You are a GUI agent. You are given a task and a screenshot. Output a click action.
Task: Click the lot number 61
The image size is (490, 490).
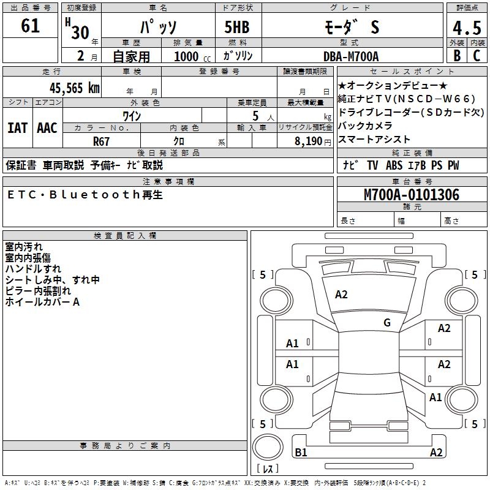[30, 26]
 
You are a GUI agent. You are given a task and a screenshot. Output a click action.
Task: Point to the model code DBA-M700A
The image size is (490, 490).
[351, 56]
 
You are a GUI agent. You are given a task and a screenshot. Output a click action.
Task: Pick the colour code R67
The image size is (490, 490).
[102, 141]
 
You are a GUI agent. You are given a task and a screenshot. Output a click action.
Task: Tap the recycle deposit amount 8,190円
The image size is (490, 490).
[313, 141]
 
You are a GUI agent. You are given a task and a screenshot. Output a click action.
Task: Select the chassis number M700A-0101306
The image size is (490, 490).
[411, 195]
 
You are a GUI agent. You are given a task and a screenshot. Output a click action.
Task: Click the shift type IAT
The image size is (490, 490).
[17, 128]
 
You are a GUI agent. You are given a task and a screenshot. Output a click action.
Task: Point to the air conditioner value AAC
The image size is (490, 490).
[47, 128]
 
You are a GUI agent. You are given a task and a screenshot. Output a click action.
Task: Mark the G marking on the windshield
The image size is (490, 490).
[387, 323]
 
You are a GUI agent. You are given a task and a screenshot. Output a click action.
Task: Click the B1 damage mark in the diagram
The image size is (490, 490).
[301, 453]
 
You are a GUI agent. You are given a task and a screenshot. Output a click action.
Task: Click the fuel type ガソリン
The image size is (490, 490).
[238, 56]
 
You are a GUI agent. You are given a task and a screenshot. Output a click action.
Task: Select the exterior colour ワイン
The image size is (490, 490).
[132, 116]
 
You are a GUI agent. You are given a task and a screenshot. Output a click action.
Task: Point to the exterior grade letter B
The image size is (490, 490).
[456, 56]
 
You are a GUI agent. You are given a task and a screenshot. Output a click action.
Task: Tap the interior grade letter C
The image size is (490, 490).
[477, 56]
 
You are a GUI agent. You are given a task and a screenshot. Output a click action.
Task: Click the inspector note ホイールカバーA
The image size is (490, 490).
[42, 302]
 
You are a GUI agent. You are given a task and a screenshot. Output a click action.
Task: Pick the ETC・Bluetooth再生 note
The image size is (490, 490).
[85, 195]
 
